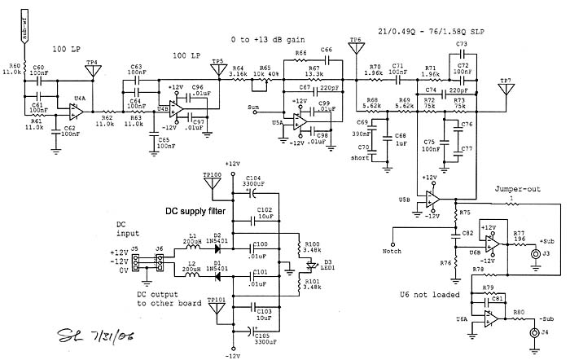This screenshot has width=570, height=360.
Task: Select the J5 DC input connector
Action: point(136,263)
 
